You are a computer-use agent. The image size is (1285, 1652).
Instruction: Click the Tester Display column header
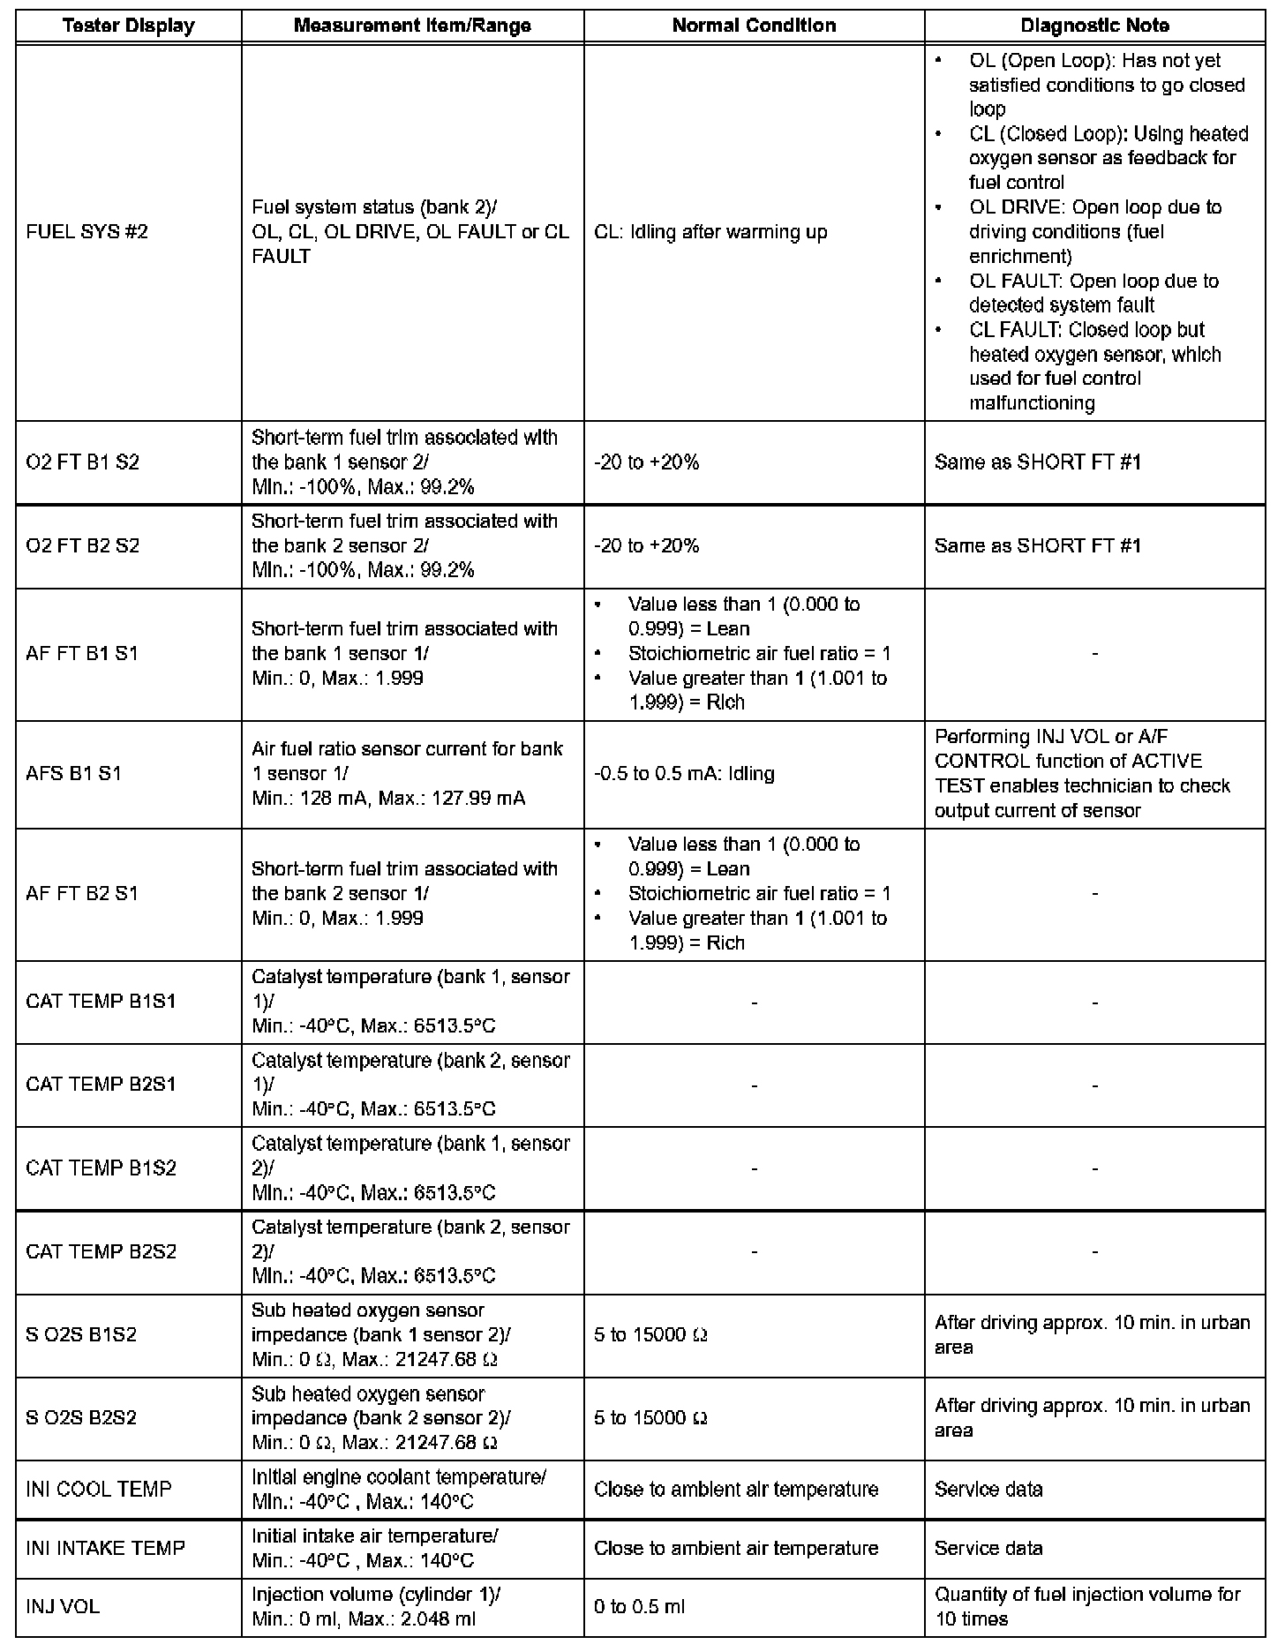click(129, 26)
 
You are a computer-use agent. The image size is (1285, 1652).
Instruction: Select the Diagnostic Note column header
click(1094, 26)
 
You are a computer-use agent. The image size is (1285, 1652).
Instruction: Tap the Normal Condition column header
click(754, 26)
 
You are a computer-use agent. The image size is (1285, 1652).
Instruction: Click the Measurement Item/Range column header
click(412, 26)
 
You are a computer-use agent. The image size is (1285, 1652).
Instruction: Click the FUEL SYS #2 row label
click(87, 232)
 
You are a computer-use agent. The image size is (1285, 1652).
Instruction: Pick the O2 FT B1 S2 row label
click(83, 462)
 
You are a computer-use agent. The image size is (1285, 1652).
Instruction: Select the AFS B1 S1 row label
click(74, 774)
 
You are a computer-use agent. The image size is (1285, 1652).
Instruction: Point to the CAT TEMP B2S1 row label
click(101, 1085)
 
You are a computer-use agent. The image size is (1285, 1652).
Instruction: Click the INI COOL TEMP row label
click(99, 1490)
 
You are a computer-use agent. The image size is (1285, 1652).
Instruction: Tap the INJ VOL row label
click(63, 1607)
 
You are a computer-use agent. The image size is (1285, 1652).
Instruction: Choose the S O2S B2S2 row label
click(81, 1418)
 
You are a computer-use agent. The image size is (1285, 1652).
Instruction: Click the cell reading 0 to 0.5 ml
click(640, 1607)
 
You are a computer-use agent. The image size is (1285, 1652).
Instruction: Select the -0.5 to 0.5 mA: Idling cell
click(684, 774)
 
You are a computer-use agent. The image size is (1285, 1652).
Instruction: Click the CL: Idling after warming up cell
click(710, 232)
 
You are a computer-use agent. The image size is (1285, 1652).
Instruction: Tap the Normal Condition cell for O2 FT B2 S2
click(647, 546)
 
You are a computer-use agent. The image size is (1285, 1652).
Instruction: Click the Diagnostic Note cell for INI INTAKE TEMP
click(988, 1549)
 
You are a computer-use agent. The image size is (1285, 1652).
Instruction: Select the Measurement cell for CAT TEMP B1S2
click(411, 1168)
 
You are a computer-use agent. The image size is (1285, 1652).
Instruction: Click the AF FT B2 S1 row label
click(82, 894)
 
